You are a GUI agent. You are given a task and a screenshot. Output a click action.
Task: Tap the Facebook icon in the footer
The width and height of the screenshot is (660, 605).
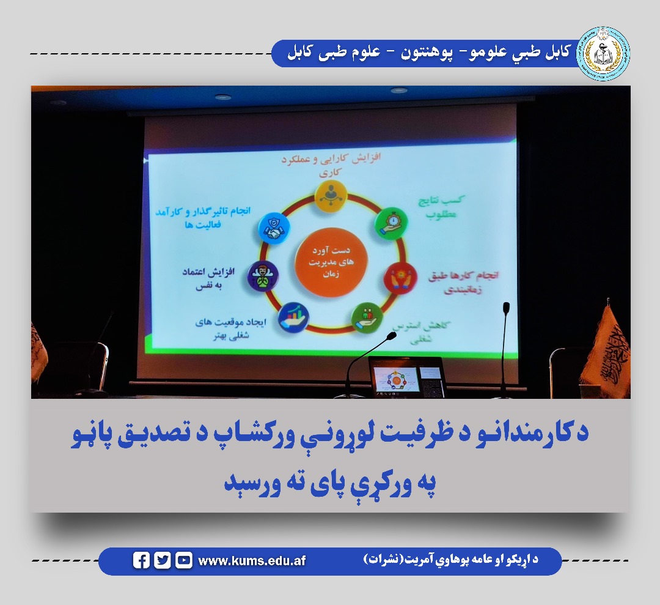[x=141, y=560]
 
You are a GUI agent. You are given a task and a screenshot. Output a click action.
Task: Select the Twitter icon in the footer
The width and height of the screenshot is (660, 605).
[x=162, y=560]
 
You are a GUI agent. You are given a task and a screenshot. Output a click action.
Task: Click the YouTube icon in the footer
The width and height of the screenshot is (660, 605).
[x=183, y=560]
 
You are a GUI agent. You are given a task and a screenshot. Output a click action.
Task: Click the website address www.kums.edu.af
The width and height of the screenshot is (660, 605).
[x=252, y=561]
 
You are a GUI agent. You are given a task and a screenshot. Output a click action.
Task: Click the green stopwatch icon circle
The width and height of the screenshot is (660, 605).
[x=388, y=224]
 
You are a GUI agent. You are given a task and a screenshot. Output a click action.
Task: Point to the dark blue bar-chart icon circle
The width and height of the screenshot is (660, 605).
[x=293, y=317]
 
